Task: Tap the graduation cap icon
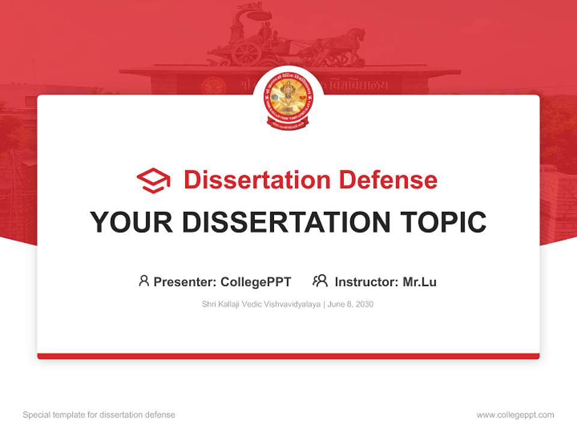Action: (153, 180)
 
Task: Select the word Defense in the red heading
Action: (387, 180)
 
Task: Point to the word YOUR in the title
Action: (132, 223)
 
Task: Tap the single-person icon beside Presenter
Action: (144, 281)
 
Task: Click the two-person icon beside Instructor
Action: (320, 281)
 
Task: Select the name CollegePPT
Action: (256, 282)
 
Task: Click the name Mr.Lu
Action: (420, 282)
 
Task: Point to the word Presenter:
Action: (185, 282)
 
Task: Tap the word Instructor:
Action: (367, 282)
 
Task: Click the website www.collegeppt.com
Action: (515, 415)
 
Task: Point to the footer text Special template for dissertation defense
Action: (99, 415)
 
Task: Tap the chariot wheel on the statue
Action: (246, 53)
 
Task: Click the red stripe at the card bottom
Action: (288, 356)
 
